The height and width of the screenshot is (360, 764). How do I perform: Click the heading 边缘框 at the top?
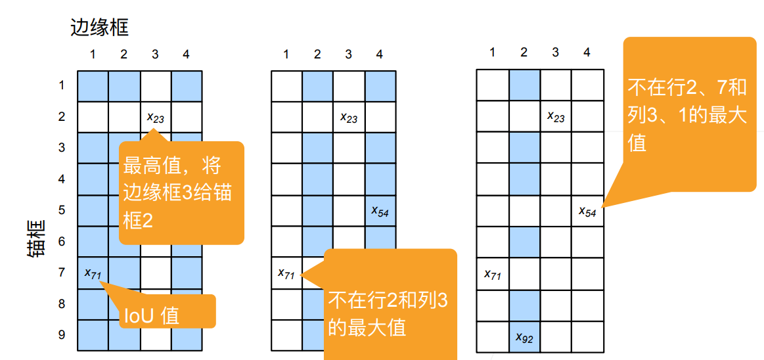tap(99, 28)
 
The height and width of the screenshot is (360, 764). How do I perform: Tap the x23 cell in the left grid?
tap(155, 118)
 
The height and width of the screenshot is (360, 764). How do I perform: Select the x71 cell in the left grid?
tap(93, 273)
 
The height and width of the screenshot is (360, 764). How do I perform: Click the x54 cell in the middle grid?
tap(380, 211)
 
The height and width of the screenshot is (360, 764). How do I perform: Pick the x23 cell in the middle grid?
tap(349, 118)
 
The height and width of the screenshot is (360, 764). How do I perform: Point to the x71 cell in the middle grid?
tap(286, 273)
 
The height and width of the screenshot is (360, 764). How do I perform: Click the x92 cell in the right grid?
tap(524, 338)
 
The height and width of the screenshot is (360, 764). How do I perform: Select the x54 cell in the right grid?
tap(587, 211)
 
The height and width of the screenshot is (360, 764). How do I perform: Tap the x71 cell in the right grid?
tap(493, 274)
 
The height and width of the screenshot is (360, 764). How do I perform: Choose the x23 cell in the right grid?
tap(556, 117)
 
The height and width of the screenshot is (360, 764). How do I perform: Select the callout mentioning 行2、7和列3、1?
tap(688, 115)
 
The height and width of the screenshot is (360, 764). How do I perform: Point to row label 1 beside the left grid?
tap(62, 85)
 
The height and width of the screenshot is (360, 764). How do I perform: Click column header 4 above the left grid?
tap(187, 55)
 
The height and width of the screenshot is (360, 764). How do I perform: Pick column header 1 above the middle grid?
tap(286, 55)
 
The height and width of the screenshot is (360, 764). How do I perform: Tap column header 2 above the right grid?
tap(524, 53)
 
